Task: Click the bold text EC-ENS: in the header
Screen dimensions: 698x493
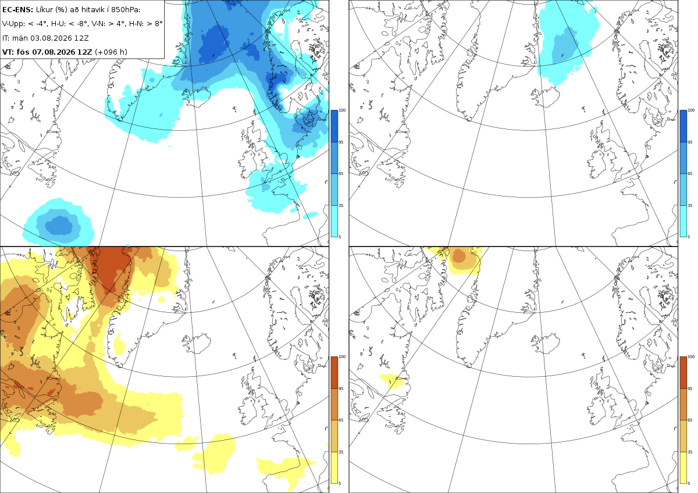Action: (17, 10)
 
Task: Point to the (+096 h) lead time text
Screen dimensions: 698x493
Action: (111, 52)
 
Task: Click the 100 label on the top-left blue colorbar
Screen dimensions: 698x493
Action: (342, 110)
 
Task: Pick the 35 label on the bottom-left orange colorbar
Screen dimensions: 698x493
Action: (341, 452)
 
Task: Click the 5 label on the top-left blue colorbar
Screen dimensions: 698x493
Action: (340, 237)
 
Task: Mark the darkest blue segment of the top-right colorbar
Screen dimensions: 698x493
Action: (683, 126)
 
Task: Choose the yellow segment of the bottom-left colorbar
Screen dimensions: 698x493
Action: (334, 467)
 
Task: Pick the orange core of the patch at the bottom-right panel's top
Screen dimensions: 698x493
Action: (459, 255)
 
